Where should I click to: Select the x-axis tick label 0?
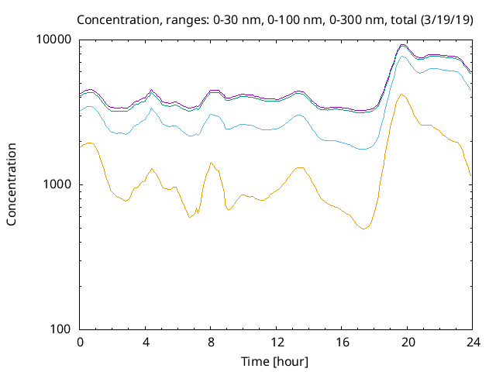coord(80,343)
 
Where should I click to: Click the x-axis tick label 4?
coord(145,343)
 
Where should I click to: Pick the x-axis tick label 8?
coord(211,343)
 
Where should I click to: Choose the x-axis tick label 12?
coord(277,343)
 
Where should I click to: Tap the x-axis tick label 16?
coord(342,343)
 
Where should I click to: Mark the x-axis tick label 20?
coord(408,343)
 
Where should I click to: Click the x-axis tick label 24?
coord(473,343)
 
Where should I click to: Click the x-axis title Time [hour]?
coord(274,362)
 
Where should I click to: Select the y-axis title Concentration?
coord(12,184)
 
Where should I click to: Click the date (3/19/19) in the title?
coord(446,20)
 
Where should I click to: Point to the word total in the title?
coord(403,20)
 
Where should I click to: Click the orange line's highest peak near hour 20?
coord(401,95)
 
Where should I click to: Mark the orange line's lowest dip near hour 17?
coord(363,229)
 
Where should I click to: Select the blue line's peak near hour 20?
coord(402,56)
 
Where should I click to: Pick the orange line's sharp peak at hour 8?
coord(211,163)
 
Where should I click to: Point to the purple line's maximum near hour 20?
coord(402,45)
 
